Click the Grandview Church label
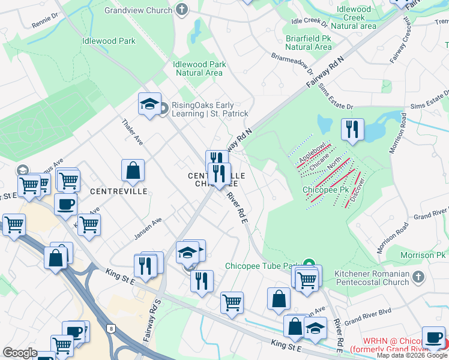139,10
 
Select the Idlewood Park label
109,41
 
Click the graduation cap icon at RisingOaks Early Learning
149,105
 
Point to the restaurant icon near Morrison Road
352,130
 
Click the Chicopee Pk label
326,190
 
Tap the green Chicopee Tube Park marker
309,264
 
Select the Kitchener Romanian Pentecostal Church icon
419,278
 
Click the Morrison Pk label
424,256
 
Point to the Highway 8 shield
111,328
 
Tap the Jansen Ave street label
148,229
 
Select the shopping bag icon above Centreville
133,172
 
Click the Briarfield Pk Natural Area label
308,42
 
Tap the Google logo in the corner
19,353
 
